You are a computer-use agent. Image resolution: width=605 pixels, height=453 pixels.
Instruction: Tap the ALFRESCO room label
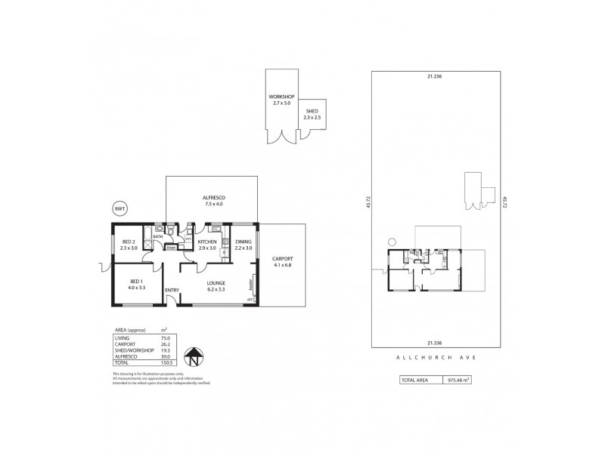pos(214,198)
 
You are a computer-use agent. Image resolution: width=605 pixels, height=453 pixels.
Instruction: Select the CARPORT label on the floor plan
pos(283,259)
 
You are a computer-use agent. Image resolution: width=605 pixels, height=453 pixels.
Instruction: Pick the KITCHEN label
pos(207,242)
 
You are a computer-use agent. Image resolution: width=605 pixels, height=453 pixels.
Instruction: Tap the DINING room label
pos(243,242)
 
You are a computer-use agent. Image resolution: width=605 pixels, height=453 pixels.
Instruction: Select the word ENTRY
pos(172,290)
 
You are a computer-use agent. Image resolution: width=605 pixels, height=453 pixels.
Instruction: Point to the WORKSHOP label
pos(281,97)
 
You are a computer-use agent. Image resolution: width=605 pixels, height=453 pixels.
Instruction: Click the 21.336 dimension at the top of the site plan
pos(433,75)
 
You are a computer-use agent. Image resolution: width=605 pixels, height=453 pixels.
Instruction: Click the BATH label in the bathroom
pos(158,236)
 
